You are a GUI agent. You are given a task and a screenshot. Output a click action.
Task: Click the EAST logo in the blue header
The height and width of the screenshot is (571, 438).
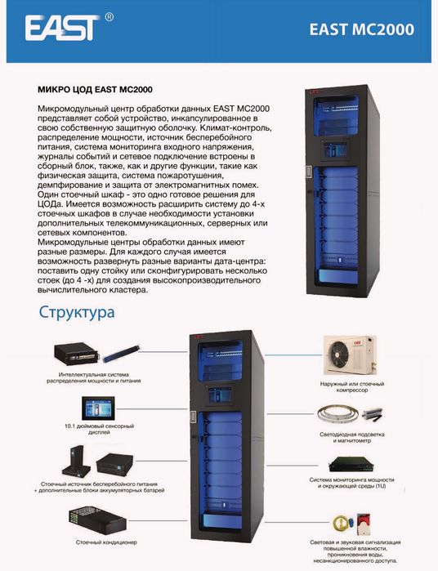click(x=62, y=27)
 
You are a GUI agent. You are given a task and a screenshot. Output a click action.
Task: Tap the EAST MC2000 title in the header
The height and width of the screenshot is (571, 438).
click(x=361, y=29)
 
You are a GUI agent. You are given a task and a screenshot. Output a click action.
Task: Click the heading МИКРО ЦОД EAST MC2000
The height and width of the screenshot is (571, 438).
click(x=95, y=90)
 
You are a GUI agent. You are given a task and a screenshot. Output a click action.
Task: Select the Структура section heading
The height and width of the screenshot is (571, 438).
click(x=77, y=312)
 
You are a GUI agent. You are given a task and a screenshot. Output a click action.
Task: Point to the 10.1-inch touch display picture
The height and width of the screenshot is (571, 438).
click(x=98, y=408)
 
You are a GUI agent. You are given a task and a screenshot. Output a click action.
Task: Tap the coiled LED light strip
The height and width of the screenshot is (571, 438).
click(x=337, y=414)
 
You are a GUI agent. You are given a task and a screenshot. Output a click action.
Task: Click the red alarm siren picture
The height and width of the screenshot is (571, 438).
click(x=363, y=524)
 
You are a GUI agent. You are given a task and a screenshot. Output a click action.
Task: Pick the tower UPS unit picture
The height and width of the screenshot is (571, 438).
click(x=76, y=461)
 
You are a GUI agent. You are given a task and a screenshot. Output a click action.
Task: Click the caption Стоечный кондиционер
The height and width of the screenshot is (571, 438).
click(x=106, y=542)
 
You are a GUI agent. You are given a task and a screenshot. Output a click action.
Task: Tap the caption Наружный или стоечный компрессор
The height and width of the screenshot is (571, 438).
click(x=352, y=386)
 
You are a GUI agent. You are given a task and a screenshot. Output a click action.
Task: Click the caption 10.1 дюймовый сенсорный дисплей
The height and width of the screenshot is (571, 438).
click(x=99, y=429)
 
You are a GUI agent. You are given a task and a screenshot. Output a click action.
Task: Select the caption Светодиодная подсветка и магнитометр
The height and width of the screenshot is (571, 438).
click(x=352, y=437)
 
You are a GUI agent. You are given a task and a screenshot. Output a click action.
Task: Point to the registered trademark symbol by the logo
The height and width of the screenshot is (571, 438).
click(x=109, y=17)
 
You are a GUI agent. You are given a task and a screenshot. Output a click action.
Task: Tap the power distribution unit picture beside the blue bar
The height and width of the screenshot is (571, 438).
click(x=77, y=354)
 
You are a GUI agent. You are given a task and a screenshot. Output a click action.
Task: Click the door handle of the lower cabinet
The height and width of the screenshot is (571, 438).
click(x=193, y=417)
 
